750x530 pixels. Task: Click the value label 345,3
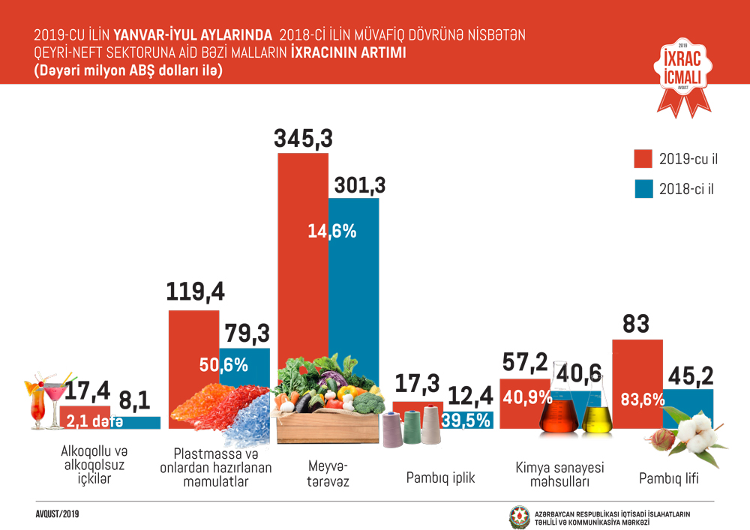[x=303, y=139]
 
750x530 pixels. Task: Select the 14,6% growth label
[x=331, y=231]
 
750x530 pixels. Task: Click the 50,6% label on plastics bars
[x=223, y=365]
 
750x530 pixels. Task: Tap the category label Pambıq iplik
[x=440, y=477]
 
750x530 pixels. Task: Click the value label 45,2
[x=688, y=374]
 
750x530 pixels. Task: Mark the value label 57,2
[x=523, y=362]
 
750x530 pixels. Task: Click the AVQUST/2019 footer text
[x=57, y=514]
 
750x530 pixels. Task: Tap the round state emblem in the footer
[x=519, y=517]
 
